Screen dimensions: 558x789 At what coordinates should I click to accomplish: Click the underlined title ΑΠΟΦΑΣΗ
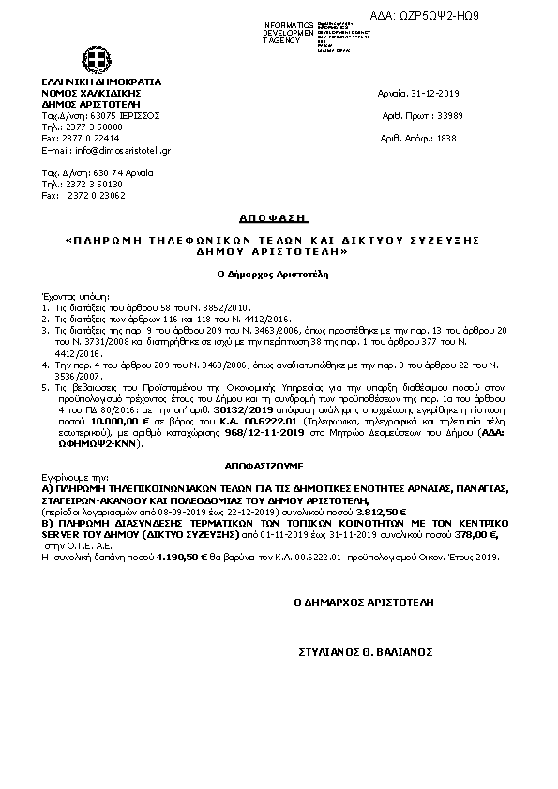click(x=282, y=217)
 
